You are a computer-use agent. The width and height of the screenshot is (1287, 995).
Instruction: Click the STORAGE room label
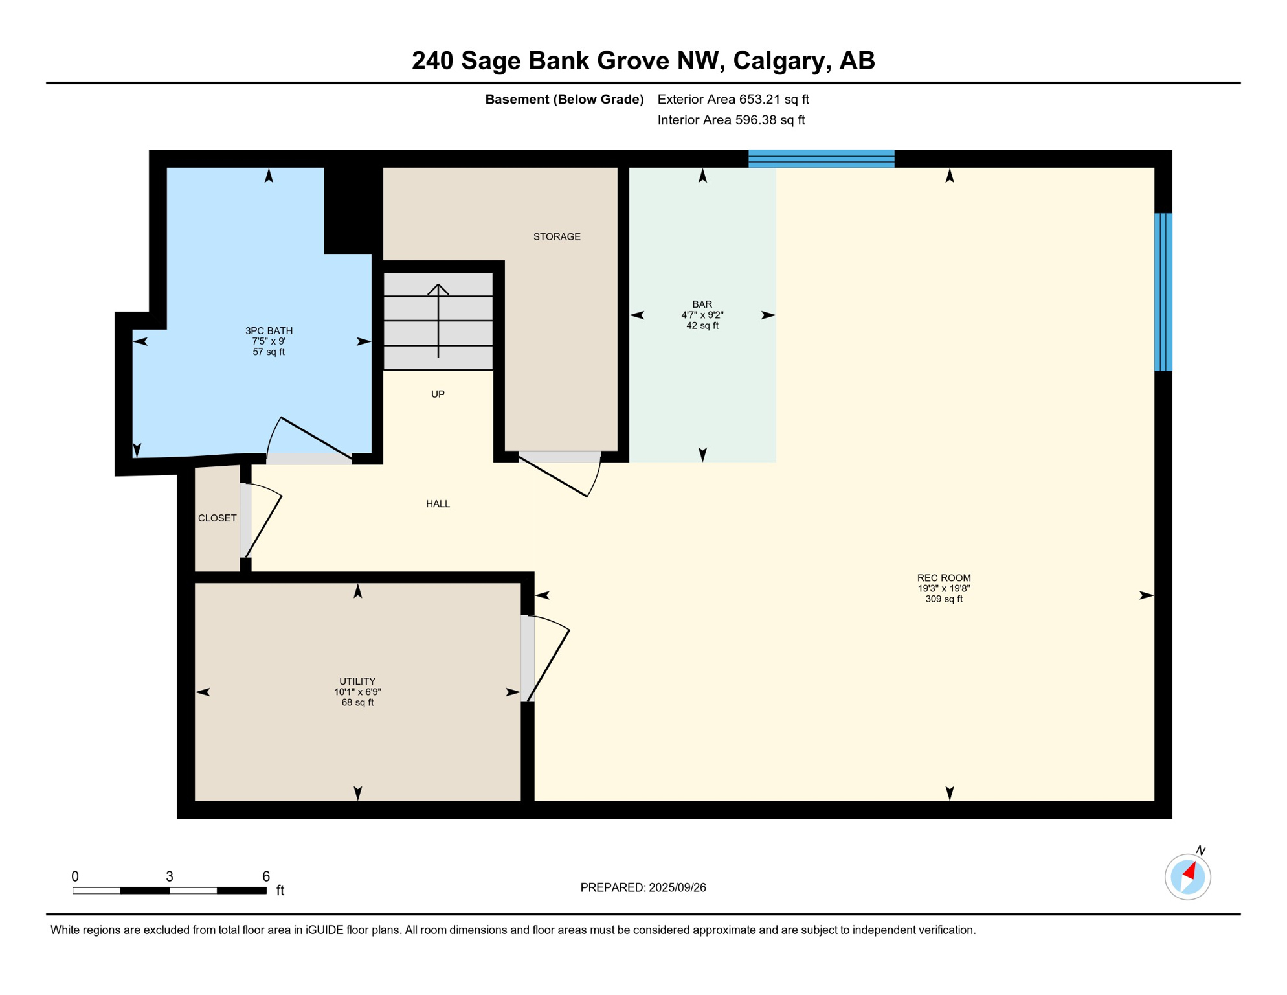557,237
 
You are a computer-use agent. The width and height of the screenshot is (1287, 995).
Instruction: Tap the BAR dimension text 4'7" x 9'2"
702,315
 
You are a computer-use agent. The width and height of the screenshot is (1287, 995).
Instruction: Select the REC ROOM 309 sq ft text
943,599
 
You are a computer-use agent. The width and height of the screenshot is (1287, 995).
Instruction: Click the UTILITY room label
357,681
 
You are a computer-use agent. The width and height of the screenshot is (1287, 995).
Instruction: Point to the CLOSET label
217,518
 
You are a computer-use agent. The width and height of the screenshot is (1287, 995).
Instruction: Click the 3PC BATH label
269,331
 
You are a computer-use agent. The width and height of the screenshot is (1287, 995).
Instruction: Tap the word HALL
438,504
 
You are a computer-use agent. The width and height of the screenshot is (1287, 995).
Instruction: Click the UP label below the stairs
438,395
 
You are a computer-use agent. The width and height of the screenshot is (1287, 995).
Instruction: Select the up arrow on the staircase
438,320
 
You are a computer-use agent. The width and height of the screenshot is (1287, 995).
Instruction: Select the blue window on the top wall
821,159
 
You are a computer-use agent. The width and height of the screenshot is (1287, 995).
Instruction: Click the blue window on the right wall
1163,292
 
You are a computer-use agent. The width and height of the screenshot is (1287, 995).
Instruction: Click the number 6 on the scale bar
266,876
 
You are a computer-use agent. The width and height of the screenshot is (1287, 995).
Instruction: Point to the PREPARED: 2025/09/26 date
643,888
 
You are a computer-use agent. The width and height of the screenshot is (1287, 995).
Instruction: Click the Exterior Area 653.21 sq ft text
733,99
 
